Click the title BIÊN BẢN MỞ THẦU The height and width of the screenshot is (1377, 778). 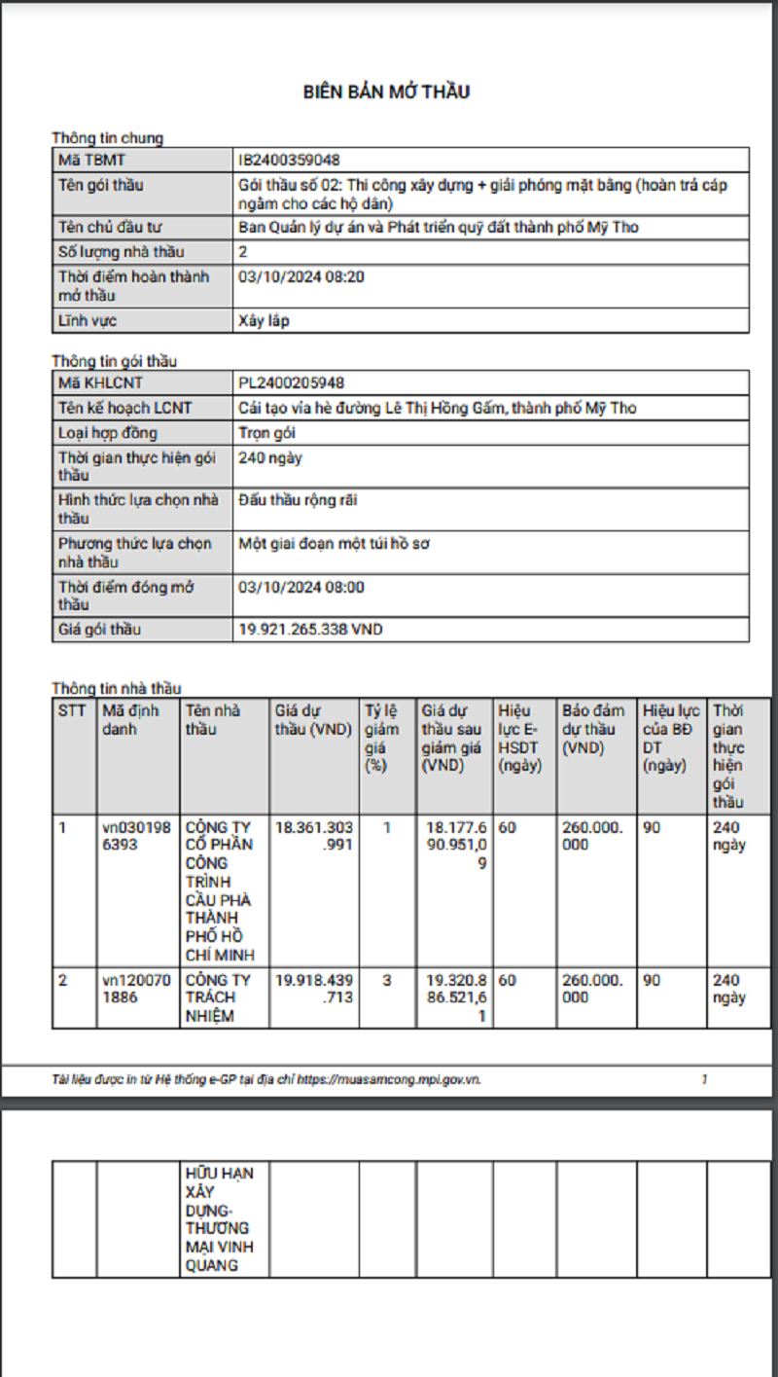click(x=386, y=92)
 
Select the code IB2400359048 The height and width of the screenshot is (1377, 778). click(x=289, y=160)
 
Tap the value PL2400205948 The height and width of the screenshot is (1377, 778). click(x=291, y=383)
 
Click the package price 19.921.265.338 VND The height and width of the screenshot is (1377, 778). click(x=310, y=630)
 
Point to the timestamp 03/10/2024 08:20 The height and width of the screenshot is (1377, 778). click(x=301, y=276)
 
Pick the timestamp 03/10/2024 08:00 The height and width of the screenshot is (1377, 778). click(x=301, y=587)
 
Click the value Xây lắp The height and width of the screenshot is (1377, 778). click(x=264, y=320)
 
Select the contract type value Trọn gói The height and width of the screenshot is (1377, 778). click(x=266, y=433)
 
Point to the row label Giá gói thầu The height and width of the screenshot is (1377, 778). click(x=98, y=630)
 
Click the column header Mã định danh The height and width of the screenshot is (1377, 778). click(x=130, y=720)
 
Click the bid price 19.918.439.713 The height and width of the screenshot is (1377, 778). click(x=314, y=988)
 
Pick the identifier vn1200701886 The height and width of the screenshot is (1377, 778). click(x=135, y=988)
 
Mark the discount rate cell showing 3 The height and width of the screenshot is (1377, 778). click(x=387, y=980)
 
